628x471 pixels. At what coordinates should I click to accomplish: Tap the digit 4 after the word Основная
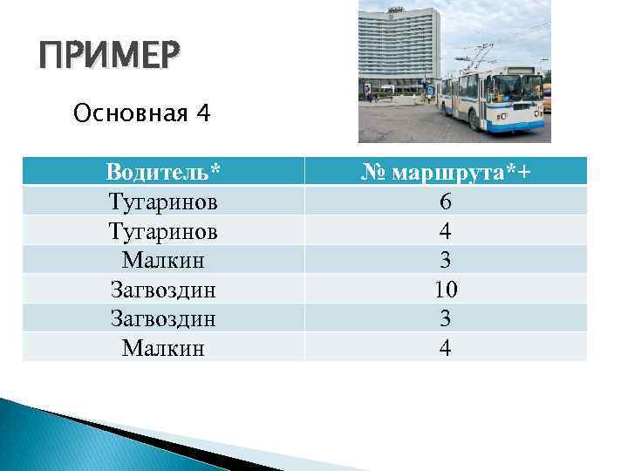coord(202,113)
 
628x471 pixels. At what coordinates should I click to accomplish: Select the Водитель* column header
coord(163,172)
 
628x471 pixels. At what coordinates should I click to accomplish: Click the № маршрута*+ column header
coord(446,172)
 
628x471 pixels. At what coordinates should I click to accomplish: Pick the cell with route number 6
coord(446,201)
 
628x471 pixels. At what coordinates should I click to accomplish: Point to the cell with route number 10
coord(446,290)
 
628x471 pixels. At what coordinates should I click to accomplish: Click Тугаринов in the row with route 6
coord(163,201)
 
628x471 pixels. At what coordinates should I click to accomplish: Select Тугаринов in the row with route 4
coord(163,230)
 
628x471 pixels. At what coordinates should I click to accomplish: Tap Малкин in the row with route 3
coord(163,260)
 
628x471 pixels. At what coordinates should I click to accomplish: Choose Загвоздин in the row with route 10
coord(163,290)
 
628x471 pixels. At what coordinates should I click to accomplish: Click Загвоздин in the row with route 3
coord(163,318)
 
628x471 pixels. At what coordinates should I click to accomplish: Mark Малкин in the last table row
coord(163,348)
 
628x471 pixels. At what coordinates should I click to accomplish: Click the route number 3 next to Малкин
coord(446,260)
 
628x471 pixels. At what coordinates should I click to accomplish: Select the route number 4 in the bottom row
coord(446,348)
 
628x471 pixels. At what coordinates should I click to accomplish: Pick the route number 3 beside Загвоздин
coord(446,318)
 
